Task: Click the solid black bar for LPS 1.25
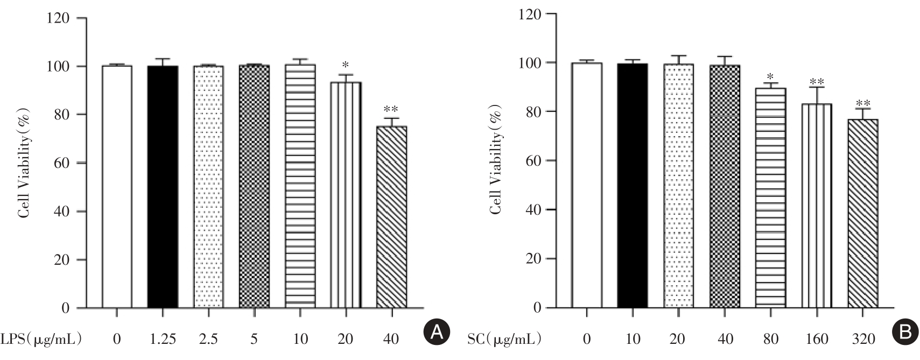163,187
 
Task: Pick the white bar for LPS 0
117,187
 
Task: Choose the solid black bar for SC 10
633,186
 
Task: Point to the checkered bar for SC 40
725,186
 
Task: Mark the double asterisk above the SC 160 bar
817,82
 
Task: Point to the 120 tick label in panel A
59,18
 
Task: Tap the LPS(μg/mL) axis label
41,339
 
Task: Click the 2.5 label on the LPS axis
208,339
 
